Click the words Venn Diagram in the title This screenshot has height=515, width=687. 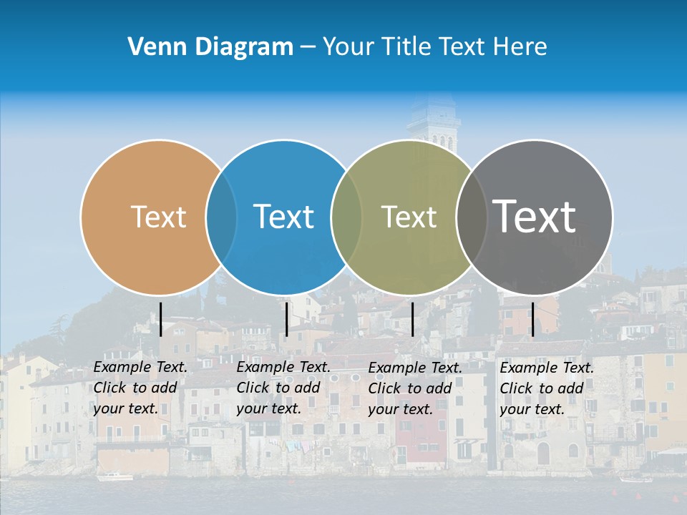(210, 47)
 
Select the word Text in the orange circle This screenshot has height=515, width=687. (158, 217)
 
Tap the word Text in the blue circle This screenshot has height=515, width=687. (283, 217)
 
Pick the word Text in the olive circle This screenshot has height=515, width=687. (409, 217)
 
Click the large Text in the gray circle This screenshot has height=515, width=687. (534, 216)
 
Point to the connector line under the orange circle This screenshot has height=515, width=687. (161, 319)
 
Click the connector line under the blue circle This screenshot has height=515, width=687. (286, 319)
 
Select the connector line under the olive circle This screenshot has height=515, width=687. (412, 319)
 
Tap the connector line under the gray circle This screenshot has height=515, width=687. (532, 319)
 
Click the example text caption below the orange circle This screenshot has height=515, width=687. (140, 388)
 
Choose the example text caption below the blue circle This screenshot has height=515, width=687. (283, 388)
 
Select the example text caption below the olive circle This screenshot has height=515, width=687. (414, 388)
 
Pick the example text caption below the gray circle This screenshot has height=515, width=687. (546, 388)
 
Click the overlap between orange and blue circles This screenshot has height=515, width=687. (221, 217)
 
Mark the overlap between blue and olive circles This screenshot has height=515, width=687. (346, 217)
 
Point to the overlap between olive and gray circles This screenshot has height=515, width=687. (471, 217)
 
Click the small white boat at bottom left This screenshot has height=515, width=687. (114, 476)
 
